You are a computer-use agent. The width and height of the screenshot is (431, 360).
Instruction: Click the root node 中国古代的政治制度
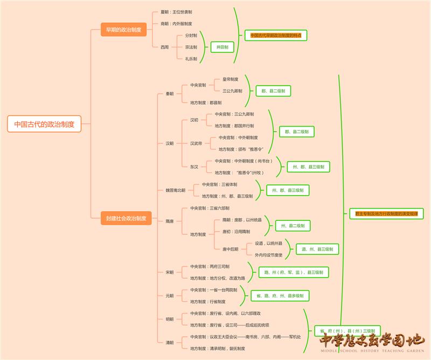(44, 123)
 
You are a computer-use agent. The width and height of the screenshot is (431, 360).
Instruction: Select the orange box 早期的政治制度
(123, 30)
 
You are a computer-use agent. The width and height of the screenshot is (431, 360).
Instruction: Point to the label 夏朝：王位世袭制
(176, 11)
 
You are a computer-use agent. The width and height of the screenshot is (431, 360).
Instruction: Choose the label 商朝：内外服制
(176, 24)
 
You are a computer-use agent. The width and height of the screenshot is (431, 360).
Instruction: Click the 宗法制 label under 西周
(191, 47)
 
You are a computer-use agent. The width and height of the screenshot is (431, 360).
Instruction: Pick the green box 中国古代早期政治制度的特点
(275, 35)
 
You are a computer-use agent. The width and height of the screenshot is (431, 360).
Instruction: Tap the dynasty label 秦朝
(170, 94)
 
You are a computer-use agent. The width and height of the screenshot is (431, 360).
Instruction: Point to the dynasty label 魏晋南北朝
(175, 190)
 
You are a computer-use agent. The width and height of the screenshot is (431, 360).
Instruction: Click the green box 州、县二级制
(293, 225)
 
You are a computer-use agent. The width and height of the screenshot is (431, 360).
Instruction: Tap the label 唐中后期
(230, 249)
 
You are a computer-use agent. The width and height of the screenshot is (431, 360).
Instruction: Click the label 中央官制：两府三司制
(210, 266)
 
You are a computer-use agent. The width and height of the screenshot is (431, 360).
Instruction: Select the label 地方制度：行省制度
(208, 302)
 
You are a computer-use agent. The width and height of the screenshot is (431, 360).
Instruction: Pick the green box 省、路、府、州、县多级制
(280, 296)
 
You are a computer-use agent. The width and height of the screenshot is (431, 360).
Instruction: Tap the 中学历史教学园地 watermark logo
(372, 343)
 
